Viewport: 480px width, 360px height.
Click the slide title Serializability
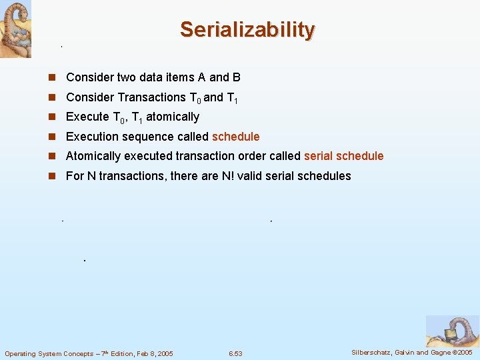(247, 30)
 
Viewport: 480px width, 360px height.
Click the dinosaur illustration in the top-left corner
(15, 29)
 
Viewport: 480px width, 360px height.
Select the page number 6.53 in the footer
(235, 353)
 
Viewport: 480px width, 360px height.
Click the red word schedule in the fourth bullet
(235, 137)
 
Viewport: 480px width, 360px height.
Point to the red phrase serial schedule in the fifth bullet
(343, 156)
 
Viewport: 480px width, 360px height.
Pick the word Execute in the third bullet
(87, 117)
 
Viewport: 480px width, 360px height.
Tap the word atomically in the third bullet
(173, 117)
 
